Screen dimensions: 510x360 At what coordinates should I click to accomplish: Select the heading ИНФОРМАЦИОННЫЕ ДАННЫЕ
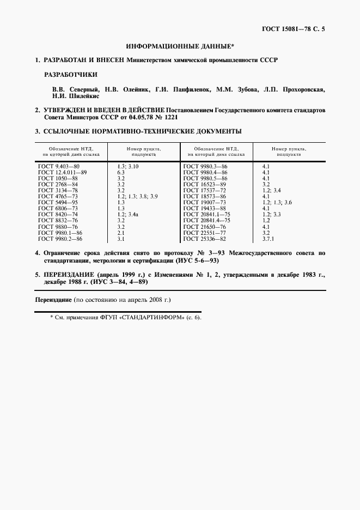point(180,48)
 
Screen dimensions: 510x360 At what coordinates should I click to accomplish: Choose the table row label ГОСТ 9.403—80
point(58,166)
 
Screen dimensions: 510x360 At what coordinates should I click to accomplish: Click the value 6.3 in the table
point(121,172)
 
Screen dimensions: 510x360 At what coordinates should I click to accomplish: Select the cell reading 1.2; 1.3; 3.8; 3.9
point(137,196)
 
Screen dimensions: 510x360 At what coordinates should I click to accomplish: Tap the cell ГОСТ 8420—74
point(58,214)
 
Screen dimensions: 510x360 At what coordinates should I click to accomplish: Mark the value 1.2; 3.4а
point(129,214)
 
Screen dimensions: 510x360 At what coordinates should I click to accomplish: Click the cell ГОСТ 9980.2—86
point(60,239)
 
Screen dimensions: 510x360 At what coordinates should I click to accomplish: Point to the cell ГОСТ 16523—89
point(204,184)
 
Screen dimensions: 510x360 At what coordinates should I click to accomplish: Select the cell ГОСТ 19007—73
point(204,202)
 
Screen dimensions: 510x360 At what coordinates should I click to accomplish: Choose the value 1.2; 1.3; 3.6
point(277,202)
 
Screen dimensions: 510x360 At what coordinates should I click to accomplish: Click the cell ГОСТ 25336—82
point(204,239)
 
